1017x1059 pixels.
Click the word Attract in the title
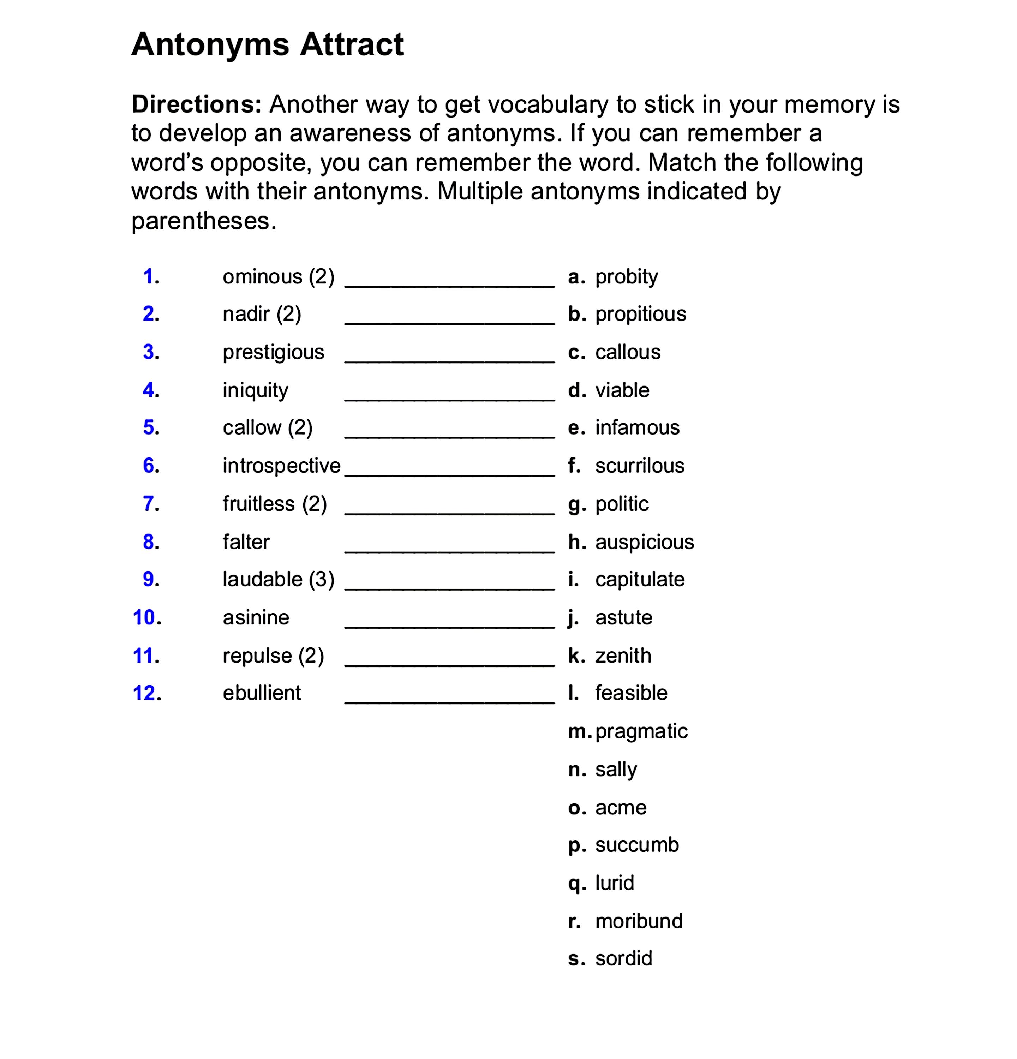351,44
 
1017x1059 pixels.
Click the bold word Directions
196,104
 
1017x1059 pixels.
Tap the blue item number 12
146,693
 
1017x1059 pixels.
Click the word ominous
262,277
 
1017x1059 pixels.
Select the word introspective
281,466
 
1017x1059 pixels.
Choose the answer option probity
626,277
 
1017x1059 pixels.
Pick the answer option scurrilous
639,466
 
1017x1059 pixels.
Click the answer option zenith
623,656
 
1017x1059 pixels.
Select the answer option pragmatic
641,731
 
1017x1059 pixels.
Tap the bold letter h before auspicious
576,542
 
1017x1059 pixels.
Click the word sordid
624,958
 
